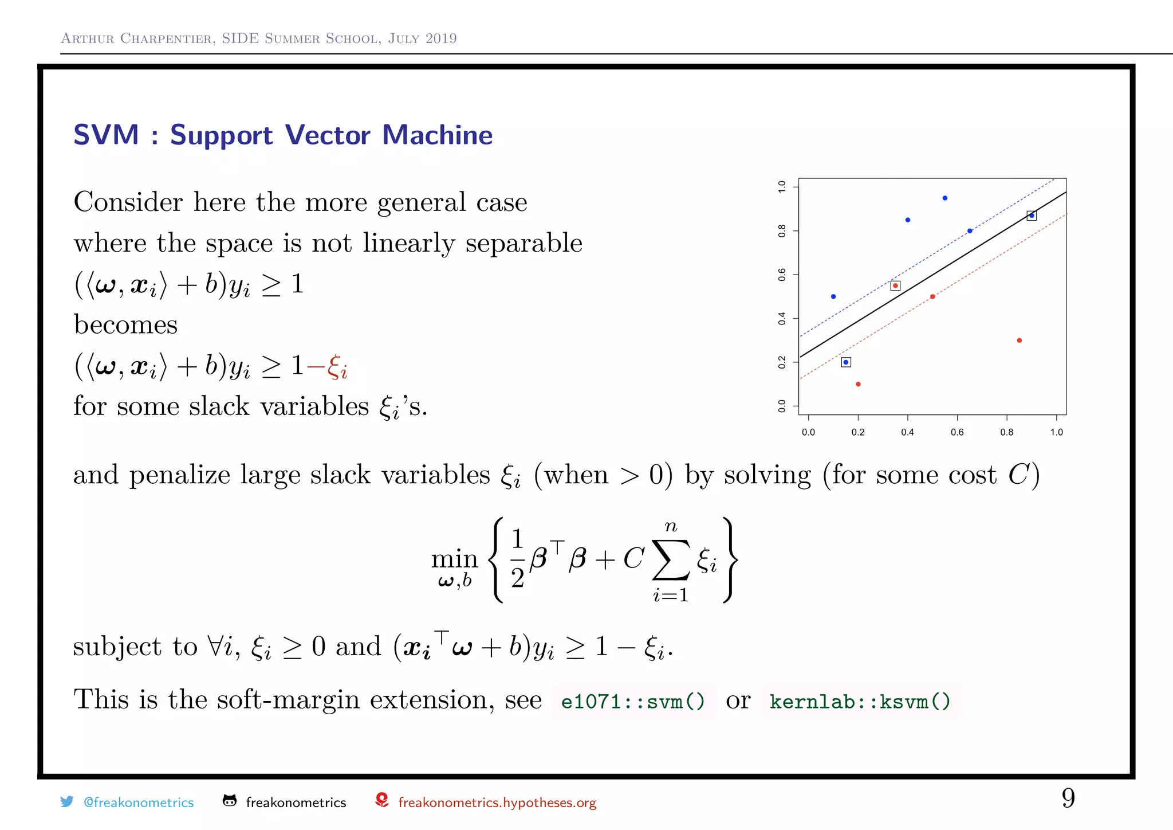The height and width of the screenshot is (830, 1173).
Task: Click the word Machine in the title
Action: point(437,135)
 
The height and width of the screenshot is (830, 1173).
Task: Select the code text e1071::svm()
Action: point(633,701)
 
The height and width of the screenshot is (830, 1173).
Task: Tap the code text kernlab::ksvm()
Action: point(860,701)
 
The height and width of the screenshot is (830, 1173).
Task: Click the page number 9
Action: point(1068,798)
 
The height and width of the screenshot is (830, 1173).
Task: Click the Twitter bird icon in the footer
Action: point(67,801)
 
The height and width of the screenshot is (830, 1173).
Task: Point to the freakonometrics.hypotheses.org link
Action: point(497,802)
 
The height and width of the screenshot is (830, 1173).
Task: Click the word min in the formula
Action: point(454,558)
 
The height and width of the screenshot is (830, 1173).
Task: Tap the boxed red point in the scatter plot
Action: point(895,285)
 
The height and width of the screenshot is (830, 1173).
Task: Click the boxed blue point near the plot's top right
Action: point(1032,216)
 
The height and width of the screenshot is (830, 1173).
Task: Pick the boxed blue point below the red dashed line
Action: point(846,362)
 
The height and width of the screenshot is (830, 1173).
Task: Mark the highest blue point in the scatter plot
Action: point(945,198)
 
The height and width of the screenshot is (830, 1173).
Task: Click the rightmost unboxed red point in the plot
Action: point(1020,340)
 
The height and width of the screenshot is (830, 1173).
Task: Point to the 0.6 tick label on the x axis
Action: point(957,432)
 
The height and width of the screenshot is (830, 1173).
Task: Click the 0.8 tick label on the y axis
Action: point(782,231)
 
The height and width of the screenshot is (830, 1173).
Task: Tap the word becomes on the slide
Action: point(125,325)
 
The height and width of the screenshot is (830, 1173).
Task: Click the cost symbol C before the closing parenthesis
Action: point(1019,475)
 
